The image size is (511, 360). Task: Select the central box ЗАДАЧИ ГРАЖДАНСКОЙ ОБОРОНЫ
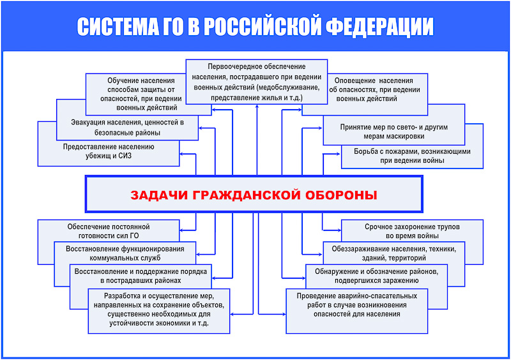point(254,194)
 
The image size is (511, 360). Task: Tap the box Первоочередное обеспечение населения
point(256,82)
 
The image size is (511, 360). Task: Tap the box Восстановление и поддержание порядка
point(141,275)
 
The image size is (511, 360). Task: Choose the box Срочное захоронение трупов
point(412,230)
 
